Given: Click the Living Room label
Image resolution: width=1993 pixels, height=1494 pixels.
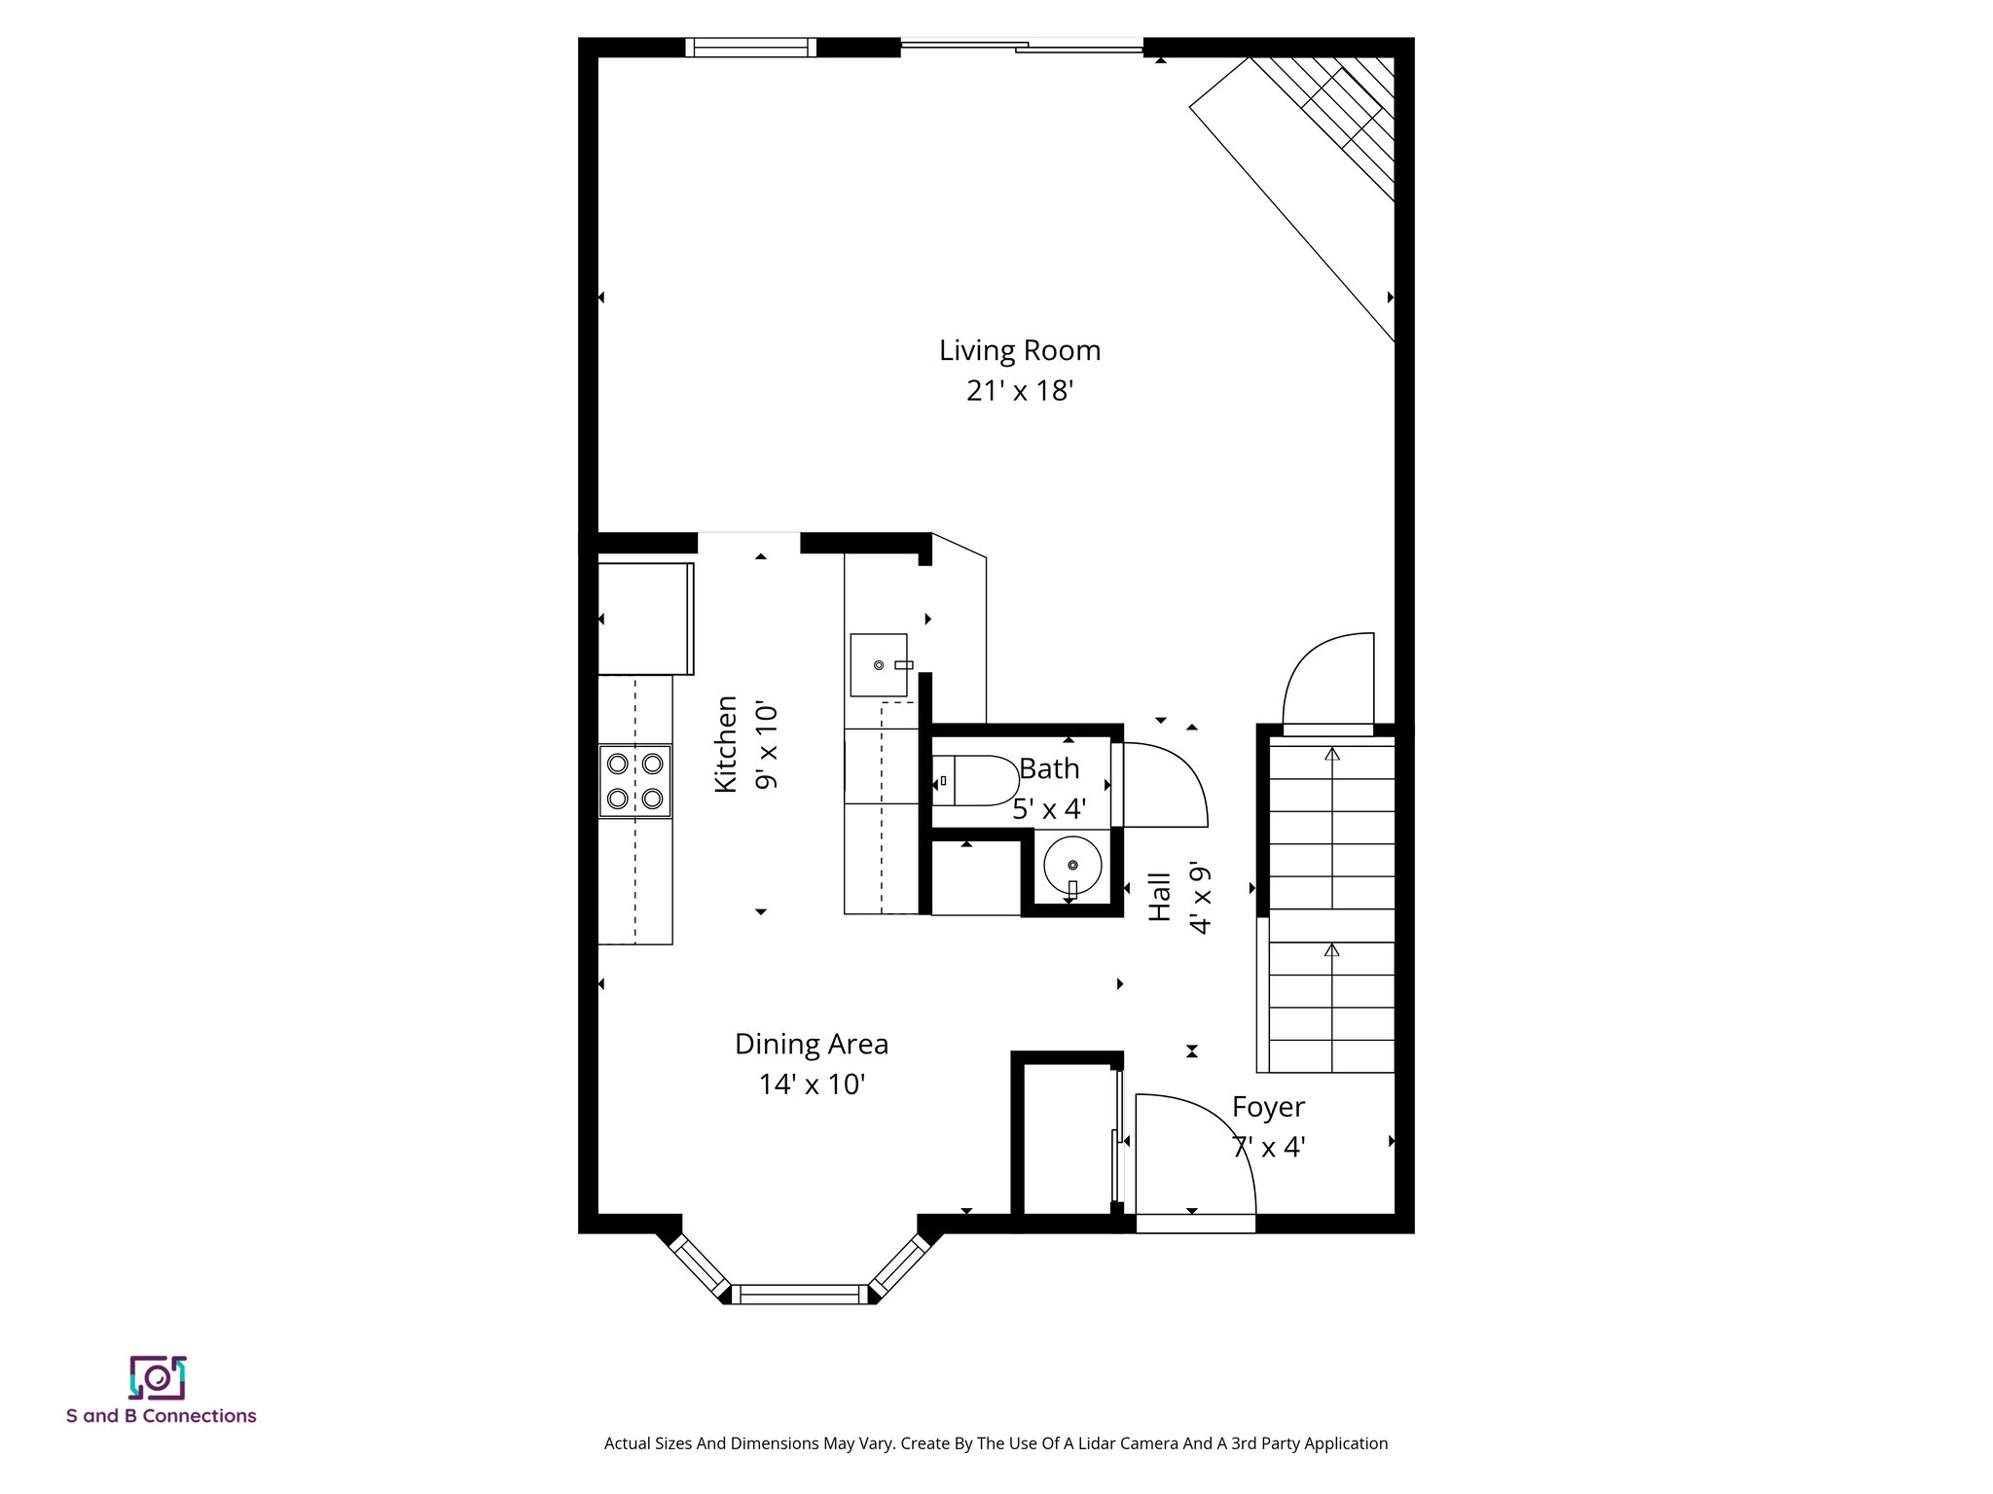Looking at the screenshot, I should coord(1019,350).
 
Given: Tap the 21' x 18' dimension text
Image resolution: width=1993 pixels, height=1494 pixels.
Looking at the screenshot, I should coord(1019,391).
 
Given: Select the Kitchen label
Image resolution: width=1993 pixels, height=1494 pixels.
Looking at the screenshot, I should coord(726,744).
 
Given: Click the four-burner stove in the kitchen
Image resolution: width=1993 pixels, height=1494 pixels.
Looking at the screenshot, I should coord(634,781).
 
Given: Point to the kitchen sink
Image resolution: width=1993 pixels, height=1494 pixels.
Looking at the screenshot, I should coord(880,665).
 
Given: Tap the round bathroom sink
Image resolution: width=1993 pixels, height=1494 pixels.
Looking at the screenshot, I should coord(1072,864).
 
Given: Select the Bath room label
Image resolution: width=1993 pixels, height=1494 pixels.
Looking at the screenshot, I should coord(1049,768).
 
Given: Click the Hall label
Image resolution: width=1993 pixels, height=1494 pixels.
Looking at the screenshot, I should coord(1159,897).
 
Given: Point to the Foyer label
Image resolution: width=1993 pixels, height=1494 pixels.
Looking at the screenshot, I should coord(1268,1107).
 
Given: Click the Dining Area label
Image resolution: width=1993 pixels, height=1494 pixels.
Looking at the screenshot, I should coord(811,1045).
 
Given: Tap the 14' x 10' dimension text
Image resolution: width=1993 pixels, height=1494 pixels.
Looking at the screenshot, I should coord(812,1085).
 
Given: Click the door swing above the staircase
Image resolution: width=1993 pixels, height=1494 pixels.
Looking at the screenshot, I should coord(1328,681).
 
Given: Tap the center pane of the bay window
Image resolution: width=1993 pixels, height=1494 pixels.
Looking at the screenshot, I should coord(799,1294).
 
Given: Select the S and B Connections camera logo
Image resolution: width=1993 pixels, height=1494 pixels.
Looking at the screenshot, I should coord(157,1377).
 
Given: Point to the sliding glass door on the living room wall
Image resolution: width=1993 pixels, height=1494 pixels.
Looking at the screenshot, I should coord(1022,45).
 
